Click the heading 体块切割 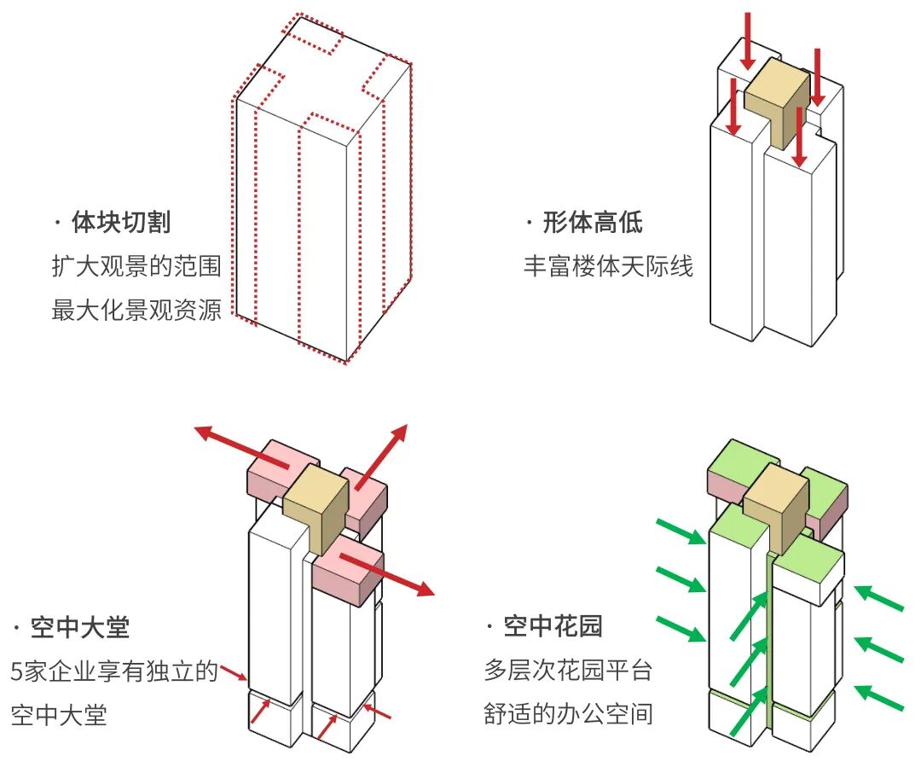pos(120,224)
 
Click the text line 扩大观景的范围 pos(136,267)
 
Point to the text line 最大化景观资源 pos(136,311)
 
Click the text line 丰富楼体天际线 pos(608,267)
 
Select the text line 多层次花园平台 pos(568,671)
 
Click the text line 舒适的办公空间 pos(568,713)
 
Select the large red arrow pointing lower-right pos(388,573)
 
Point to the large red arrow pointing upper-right pos(382,456)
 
